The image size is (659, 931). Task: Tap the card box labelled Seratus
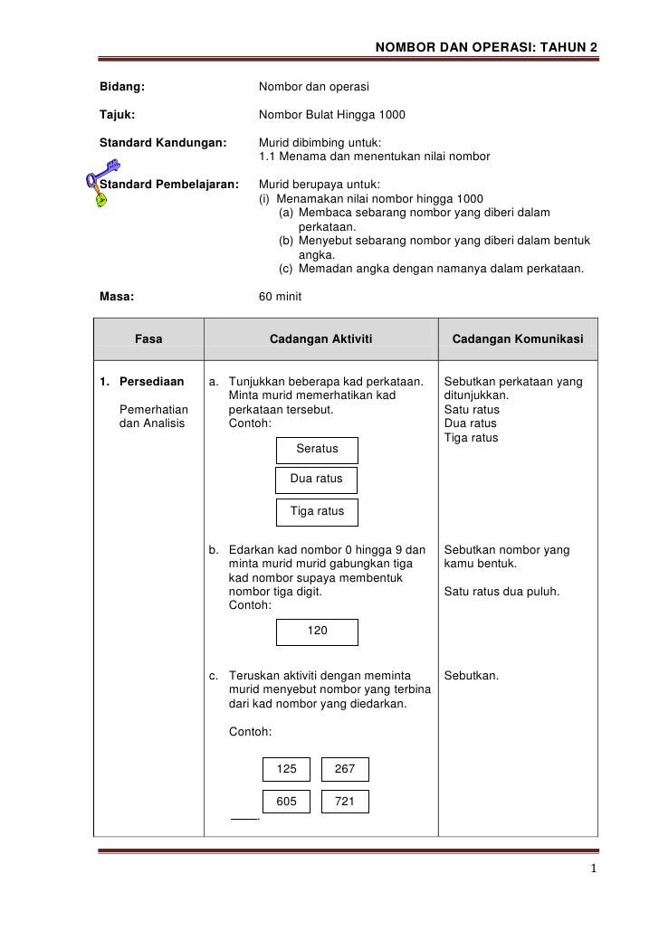point(317,450)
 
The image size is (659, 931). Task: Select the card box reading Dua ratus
point(316,480)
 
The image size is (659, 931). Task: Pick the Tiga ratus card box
point(316,511)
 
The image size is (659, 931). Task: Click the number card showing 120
point(317,632)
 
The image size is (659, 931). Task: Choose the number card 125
point(286,769)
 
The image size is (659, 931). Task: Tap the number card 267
point(345,769)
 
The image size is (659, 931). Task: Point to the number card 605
point(286,801)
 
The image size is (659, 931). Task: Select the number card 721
point(345,801)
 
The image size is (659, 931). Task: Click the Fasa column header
point(148,339)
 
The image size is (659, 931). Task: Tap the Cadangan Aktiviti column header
point(321,339)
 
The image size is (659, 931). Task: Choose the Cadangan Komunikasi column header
point(518,339)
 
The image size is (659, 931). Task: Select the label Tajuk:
point(119,115)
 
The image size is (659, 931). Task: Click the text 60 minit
point(281,296)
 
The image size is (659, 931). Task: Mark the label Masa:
point(117,296)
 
